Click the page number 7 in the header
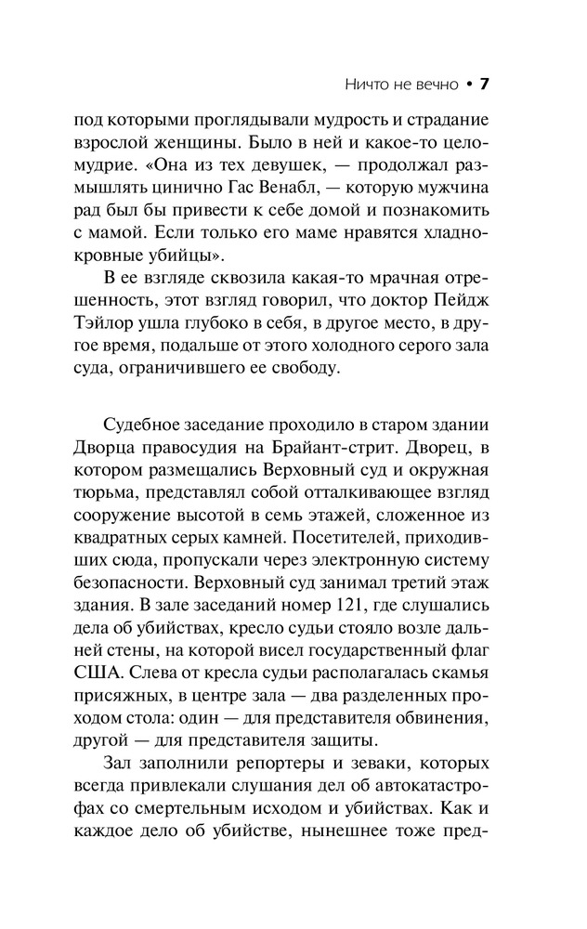coord(483,85)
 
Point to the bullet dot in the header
coord(468,85)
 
